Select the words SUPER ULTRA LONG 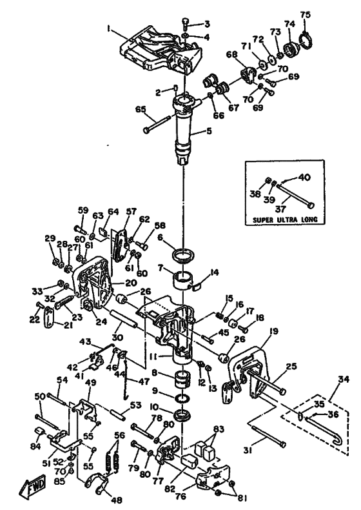tap(285, 219)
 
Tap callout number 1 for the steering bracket tap(108, 29)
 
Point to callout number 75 tap(305, 14)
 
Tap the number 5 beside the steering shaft tap(209, 131)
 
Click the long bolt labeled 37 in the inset tap(296, 194)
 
